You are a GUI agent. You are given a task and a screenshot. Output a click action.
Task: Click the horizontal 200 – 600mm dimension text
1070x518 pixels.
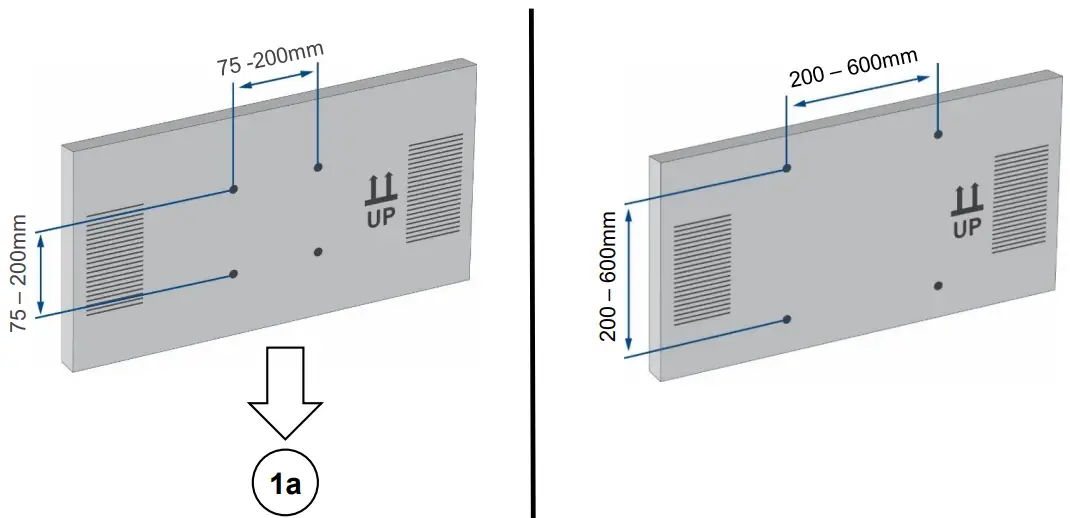pyautogui.click(x=853, y=69)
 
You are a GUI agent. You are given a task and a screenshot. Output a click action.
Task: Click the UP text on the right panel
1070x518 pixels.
pyautogui.click(x=966, y=228)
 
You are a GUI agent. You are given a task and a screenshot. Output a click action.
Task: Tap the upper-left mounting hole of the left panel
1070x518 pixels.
pyautogui.click(x=233, y=189)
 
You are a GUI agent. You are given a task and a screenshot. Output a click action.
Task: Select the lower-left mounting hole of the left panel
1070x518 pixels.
pyautogui.click(x=233, y=273)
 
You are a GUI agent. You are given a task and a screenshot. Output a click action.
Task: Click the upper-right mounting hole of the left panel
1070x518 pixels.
pyautogui.click(x=317, y=167)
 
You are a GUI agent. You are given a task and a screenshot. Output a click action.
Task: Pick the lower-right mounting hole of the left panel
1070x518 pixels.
pyautogui.click(x=317, y=252)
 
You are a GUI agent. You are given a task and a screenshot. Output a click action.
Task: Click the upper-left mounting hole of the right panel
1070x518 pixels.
pyautogui.click(x=787, y=168)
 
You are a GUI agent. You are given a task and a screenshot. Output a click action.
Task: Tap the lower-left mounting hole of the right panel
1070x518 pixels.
pyautogui.click(x=787, y=319)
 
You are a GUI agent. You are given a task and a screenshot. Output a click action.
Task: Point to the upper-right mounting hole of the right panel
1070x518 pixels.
pyautogui.click(x=938, y=134)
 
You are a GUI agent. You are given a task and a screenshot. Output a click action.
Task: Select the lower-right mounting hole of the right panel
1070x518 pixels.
pyautogui.click(x=938, y=285)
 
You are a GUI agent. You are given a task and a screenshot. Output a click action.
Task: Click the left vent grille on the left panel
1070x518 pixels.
pyautogui.click(x=114, y=259)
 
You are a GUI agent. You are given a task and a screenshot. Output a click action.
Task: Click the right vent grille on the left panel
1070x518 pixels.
pyautogui.click(x=436, y=190)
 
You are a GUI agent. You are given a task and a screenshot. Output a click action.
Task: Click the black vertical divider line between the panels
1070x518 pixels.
pyautogui.click(x=532, y=260)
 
